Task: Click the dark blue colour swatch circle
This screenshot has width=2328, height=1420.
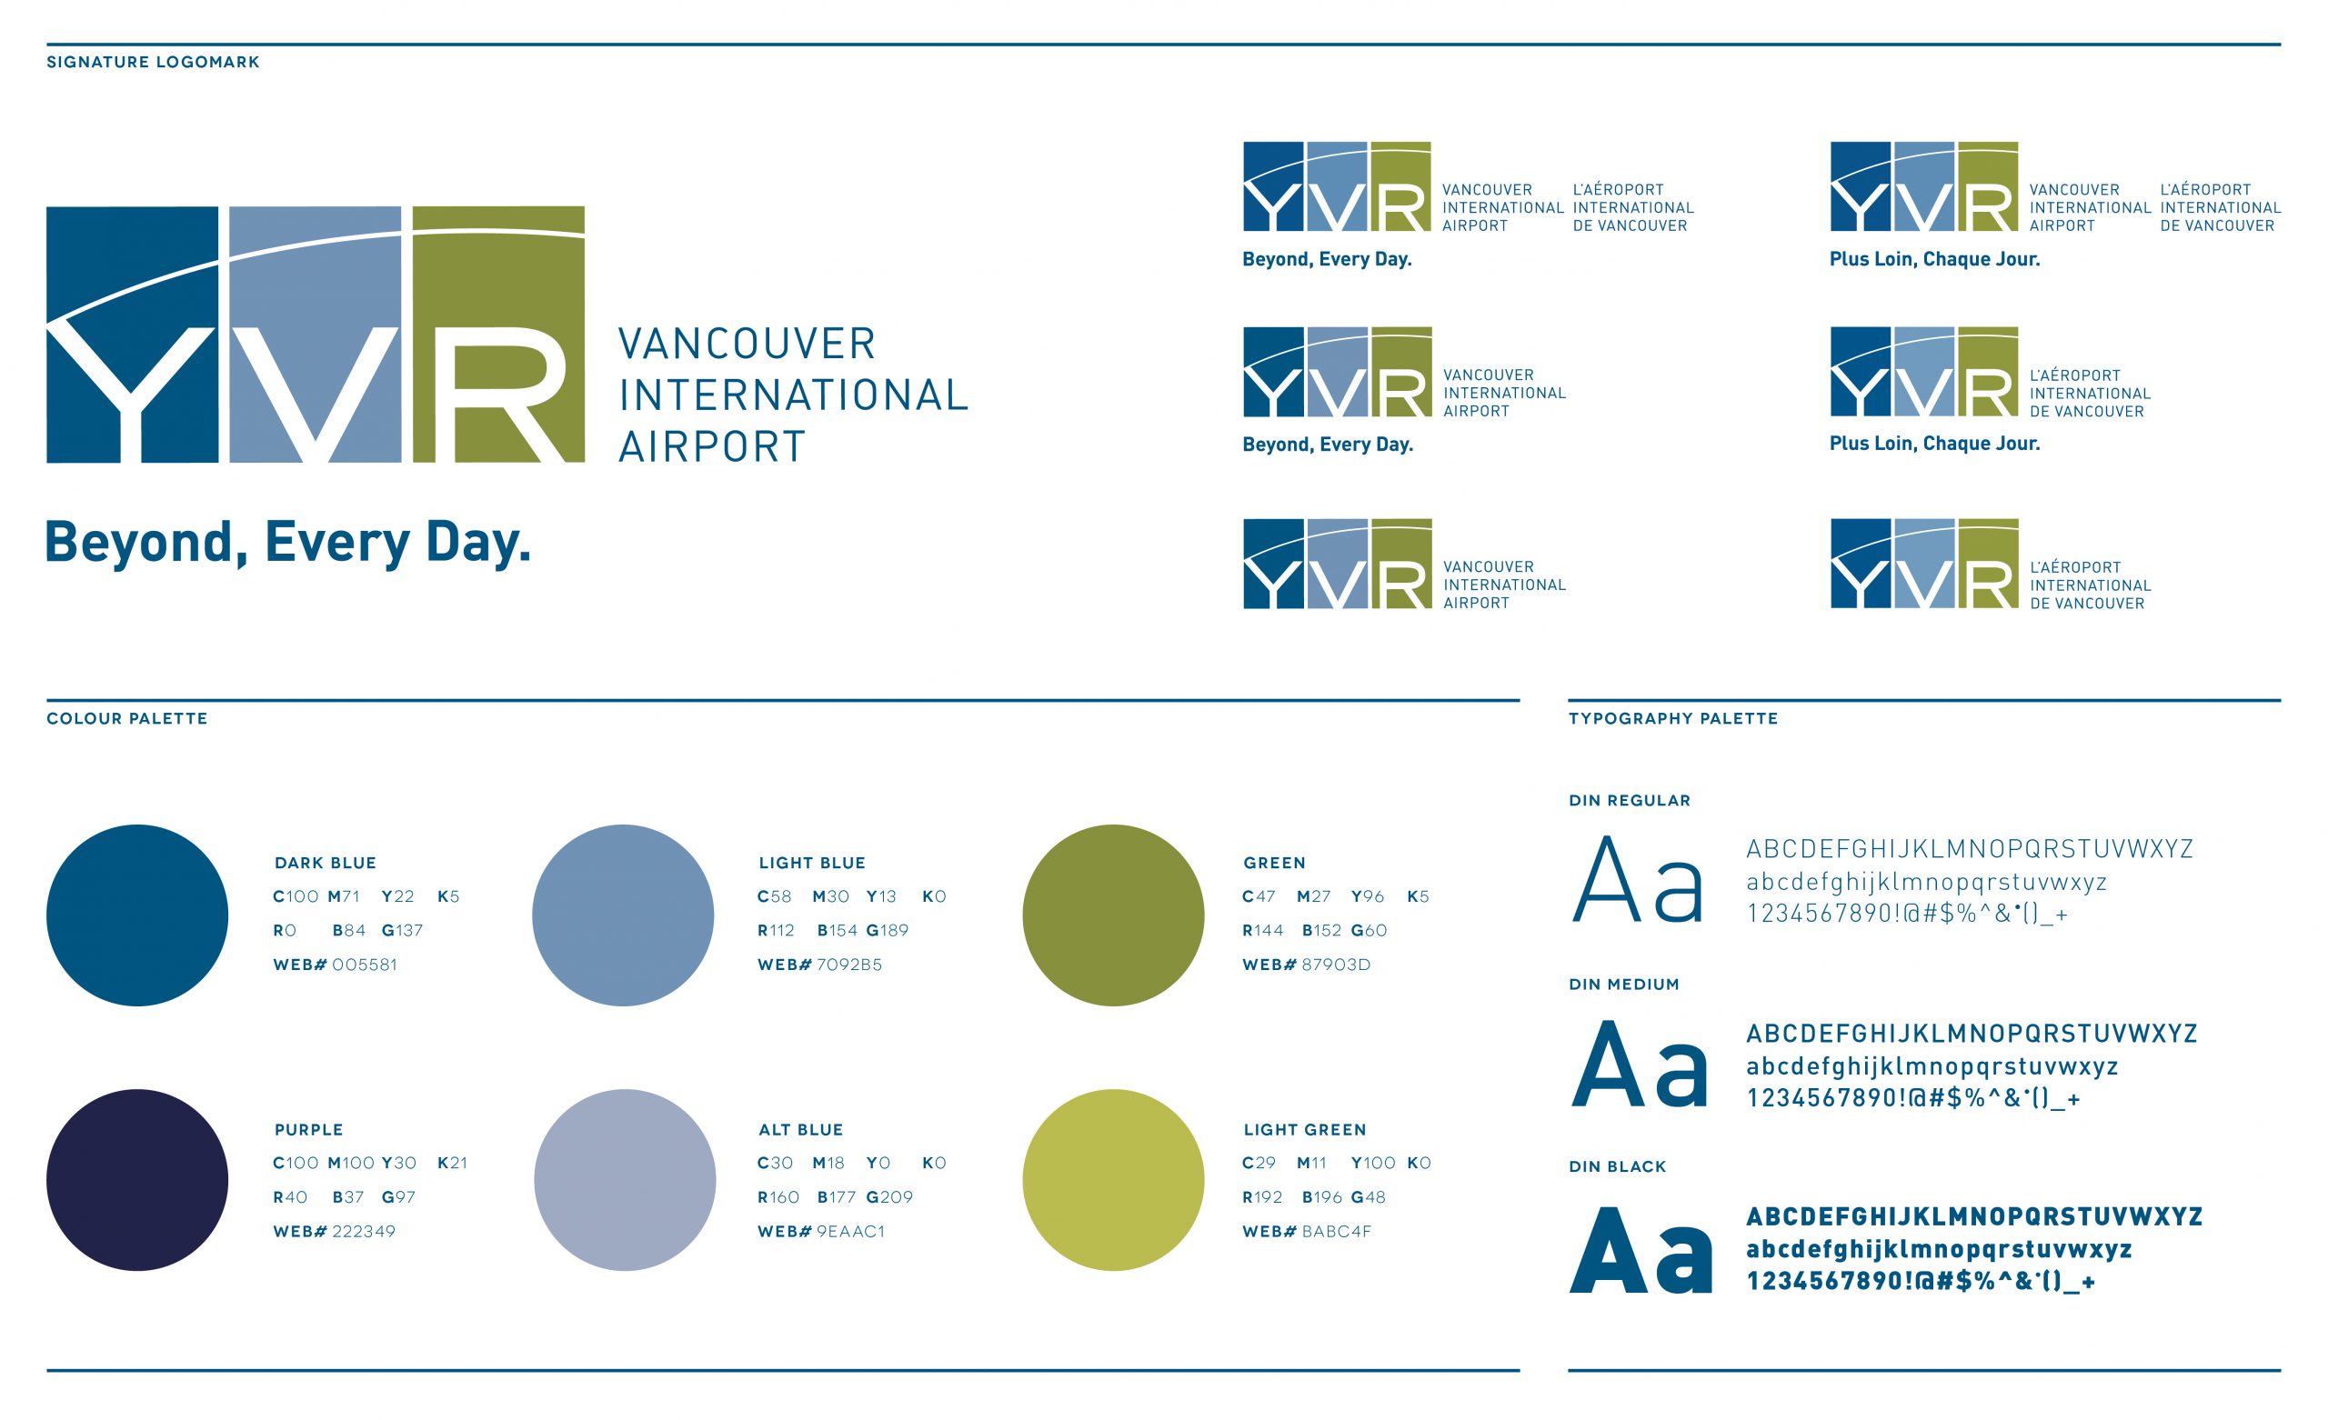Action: click(137, 915)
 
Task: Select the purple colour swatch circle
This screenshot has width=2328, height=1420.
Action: click(137, 1179)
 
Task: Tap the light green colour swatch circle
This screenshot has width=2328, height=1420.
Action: click(1112, 1179)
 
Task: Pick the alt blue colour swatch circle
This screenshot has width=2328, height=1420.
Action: click(625, 1179)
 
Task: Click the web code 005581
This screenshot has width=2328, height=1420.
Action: click(364, 965)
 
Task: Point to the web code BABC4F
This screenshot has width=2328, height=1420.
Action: click(1336, 1231)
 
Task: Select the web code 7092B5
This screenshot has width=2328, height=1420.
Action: click(848, 965)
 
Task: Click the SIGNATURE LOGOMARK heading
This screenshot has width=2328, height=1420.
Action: click(153, 63)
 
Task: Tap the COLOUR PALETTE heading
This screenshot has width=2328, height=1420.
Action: click(126, 718)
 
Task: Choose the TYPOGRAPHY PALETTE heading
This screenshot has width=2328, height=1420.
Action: click(1672, 718)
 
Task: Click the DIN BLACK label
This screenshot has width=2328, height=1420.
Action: click(1617, 1166)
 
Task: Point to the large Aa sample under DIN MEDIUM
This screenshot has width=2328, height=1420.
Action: click(1640, 1065)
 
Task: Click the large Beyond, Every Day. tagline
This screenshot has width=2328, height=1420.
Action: click(288, 543)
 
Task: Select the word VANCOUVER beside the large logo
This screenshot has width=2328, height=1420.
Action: click(747, 343)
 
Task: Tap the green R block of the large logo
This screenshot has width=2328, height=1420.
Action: click(498, 335)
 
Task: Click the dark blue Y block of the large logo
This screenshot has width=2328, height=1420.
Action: click(132, 335)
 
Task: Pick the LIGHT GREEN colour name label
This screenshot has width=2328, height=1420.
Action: click(1304, 1129)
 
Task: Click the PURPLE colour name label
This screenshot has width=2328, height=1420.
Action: click(308, 1129)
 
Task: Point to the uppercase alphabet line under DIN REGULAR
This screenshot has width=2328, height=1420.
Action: click(1969, 848)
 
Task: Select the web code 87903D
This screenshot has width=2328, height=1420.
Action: click(1335, 965)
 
